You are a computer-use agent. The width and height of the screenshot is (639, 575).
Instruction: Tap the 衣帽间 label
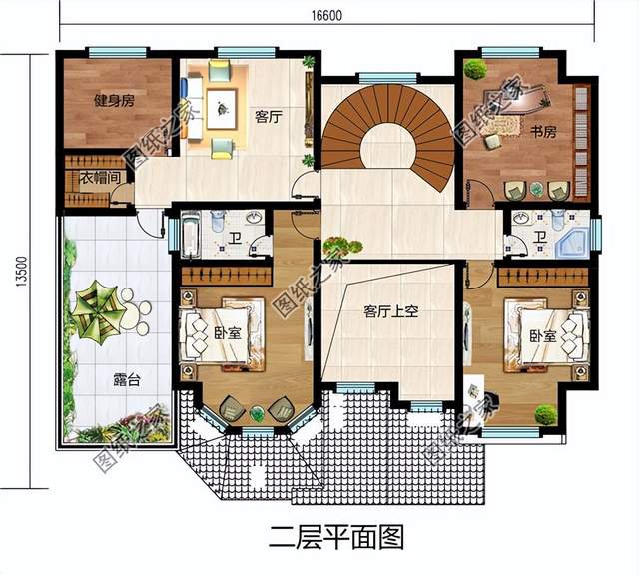(100, 178)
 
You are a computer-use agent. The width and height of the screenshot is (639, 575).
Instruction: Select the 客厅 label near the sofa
(268, 117)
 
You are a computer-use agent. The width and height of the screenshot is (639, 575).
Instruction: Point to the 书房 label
(543, 131)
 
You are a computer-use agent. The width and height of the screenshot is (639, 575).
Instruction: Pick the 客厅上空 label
(390, 311)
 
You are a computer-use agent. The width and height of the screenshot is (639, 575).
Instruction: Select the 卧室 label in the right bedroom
(543, 337)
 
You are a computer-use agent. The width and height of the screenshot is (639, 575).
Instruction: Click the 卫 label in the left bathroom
(232, 237)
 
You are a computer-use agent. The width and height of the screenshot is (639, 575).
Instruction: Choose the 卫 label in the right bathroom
(538, 236)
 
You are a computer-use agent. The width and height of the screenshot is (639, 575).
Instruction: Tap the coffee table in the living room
(221, 100)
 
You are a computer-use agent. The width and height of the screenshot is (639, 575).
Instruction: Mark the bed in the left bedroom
(215, 333)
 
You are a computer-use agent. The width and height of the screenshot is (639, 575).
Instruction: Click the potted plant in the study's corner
(475, 69)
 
